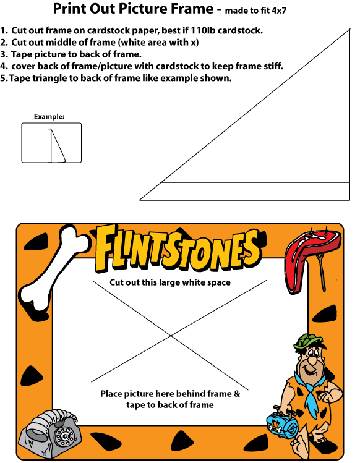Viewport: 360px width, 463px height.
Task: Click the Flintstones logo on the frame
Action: point(178,248)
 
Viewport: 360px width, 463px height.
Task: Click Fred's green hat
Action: point(306,341)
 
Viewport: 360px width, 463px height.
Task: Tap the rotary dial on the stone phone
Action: point(64,436)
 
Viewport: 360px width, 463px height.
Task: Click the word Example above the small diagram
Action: point(49,117)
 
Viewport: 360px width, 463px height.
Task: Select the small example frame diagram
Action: point(51,143)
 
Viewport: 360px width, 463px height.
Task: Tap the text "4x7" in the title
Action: point(279,11)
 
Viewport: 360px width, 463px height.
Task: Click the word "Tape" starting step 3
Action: point(22,54)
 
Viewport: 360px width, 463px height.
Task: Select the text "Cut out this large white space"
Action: point(170,282)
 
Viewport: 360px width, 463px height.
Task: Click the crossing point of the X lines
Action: point(171,336)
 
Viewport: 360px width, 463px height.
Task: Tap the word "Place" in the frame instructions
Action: point(111,394)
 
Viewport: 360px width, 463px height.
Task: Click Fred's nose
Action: point(311,360)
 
